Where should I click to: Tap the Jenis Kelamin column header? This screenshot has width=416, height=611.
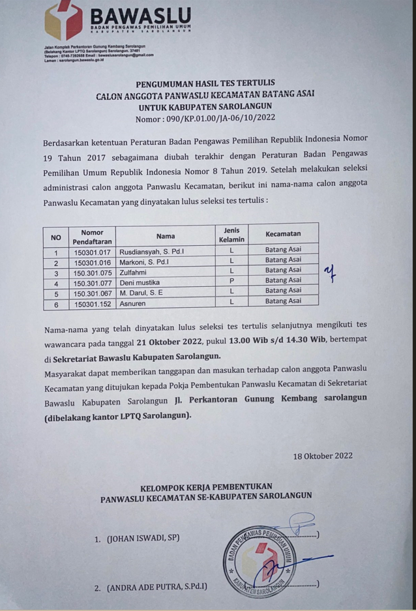[231, 235]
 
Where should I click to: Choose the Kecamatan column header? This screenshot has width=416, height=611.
[283, 233]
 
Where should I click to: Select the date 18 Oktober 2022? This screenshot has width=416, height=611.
[323, 455]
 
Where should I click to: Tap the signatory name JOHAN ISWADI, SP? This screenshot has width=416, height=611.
[143, 539]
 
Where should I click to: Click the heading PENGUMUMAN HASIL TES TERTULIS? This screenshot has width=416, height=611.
[205, 83]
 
